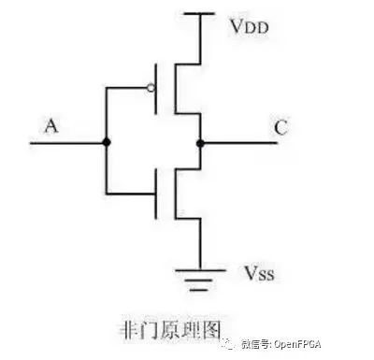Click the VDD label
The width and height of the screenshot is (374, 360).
pos(250,26)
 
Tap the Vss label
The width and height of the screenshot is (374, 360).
pos(259,273)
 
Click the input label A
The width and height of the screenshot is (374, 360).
pos(51,126)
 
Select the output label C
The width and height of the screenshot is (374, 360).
pos(281,127)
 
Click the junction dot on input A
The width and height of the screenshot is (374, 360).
pos(107,142)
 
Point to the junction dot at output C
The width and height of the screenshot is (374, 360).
pos(200,143)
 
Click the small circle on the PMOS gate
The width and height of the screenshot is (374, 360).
pos(151,88)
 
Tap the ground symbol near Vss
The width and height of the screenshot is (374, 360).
pos(200,280)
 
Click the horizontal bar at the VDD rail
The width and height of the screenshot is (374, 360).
pos(199,14)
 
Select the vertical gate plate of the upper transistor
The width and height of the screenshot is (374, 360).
pos(156,89)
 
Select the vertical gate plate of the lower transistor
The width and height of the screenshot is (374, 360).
pos(156,194)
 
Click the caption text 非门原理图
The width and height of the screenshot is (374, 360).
pos(170,330)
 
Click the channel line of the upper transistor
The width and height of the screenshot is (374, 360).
pos(176,89)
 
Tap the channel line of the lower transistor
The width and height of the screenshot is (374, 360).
pos(176,194)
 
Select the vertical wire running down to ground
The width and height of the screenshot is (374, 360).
pos(200,244)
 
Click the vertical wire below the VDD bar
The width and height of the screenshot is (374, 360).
pos(200,39)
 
